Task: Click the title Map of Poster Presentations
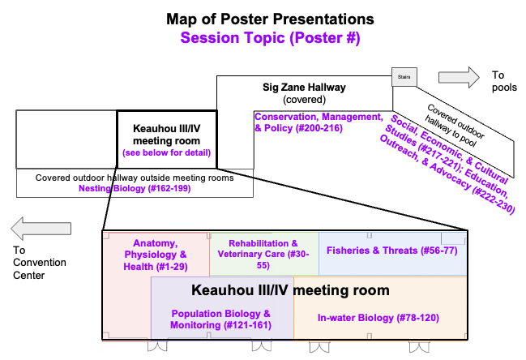click(271, 19)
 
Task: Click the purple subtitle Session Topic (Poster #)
click(271, 37)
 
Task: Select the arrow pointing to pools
click(458, 77)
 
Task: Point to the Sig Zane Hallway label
click(305, 87)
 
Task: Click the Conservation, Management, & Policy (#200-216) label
click(318, 122)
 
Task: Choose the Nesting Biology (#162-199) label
click(135, 189)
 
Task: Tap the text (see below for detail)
click(166, 152)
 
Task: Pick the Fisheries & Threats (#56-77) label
click(391, 250)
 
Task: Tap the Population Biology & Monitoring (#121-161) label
click(220, 319)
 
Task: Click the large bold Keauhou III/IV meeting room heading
click(290, 289)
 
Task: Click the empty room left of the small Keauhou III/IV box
click(66, 139)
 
